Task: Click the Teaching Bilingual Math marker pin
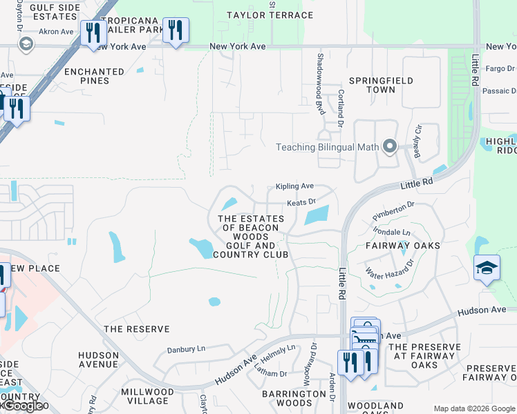coord(389,146)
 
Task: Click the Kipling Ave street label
coord(295,186)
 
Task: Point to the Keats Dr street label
coord(301,202)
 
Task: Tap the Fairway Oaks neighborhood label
coord(404,245)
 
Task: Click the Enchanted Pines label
coord(94,76)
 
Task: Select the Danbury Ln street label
coord(186,349)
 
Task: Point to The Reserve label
coord(132,328)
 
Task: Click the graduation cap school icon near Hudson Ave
coord(487,268)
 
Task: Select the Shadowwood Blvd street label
coord(320,84)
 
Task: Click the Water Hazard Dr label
coord(389,270)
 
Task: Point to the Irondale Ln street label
coord(391,233)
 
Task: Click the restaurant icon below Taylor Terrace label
coord(176,30)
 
